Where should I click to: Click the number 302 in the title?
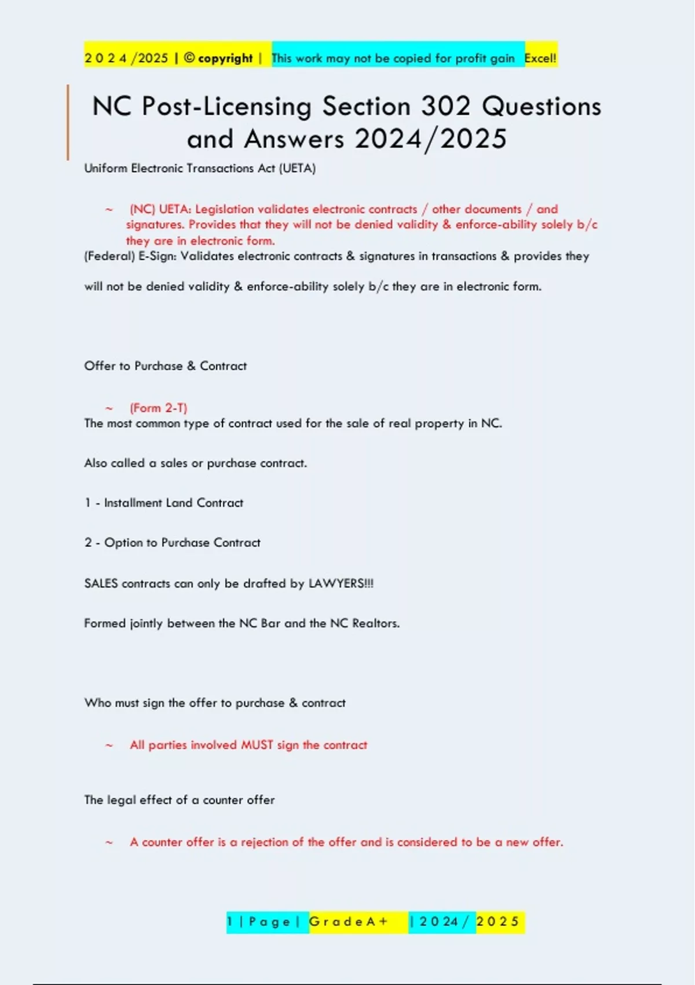pos(446,107)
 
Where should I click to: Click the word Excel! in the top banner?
pos(540,58)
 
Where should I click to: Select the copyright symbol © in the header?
pos(189,58)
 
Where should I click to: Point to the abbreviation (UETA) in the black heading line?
pos(297,169)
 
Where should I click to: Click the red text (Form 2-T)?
pos(158,408)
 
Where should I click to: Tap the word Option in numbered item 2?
pos(123,543)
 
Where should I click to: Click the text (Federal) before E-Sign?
pos(109,256)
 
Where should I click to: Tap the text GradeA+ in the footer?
pos(348,922)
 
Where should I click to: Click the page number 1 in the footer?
pos(230,922)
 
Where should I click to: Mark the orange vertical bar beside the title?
pos(68,122)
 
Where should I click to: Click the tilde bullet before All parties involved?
pos(109,746)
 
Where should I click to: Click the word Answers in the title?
pos(294,139)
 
